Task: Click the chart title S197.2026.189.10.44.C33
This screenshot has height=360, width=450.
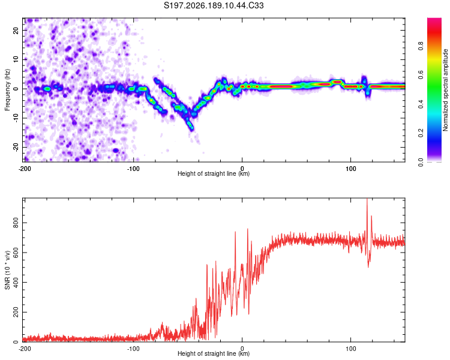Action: [x=214, y=5]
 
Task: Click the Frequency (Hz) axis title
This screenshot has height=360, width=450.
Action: [x=7, y=90]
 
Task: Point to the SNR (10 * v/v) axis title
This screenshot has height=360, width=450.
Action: [x=7, y=270]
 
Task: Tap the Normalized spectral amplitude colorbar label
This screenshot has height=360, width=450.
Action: [x=445, y=90]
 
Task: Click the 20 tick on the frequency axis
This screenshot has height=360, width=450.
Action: [x=16, y=30]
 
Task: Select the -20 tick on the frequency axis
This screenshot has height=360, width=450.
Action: [x=16, y=147]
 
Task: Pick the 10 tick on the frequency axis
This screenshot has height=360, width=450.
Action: [x=16, y=59]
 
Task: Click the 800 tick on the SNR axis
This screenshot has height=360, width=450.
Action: [x=16, y=223]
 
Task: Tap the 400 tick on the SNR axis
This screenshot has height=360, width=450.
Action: [x=16, y=283]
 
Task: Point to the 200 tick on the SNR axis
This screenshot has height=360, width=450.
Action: [x=16, y=313]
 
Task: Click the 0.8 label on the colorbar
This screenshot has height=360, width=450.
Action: [x=421, y=46]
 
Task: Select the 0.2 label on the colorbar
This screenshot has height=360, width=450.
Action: [x=421, y=133]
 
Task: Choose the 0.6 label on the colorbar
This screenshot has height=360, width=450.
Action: [x=421, y=75]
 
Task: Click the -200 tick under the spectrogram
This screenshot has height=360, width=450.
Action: [x=25, y=169]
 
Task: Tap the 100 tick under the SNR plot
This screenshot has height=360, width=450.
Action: [x=351, y=349]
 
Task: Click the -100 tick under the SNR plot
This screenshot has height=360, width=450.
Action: [x=133, y=349]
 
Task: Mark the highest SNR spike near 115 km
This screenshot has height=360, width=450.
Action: [x=367, y=199]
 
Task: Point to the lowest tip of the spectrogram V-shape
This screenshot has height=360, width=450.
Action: [x=192, y=130]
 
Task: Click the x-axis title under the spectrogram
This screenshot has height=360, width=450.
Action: [x=214, y=173]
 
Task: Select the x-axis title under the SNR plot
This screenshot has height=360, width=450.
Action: [x=214, y=353]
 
